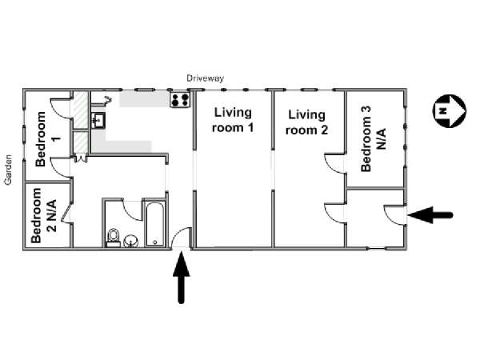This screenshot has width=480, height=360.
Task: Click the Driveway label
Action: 205,78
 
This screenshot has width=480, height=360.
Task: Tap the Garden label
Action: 8,170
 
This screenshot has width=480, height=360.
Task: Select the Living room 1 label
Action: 233,120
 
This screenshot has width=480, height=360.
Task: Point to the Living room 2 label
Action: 306,122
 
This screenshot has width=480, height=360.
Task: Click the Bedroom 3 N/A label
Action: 373,138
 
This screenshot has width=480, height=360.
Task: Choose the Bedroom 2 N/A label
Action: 44,215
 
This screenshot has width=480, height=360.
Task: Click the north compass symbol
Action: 449,110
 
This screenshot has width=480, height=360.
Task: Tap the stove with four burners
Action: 180,100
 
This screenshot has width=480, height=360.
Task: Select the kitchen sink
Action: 98,120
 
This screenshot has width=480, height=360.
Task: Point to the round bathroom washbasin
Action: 131,242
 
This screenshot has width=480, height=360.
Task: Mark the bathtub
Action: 155,224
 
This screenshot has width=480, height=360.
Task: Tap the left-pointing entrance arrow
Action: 430,215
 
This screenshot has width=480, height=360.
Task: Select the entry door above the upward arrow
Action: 182,238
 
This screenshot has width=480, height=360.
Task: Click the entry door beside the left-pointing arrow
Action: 394,215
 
